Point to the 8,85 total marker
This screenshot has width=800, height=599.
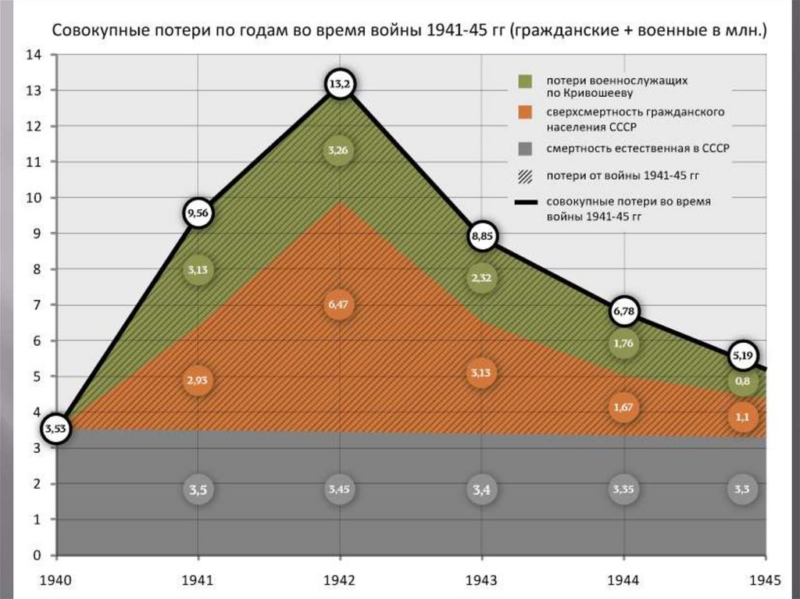483,236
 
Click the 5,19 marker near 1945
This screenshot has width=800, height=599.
742,356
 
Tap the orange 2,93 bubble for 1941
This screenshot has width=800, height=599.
198,380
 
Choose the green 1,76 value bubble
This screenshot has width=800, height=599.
624,344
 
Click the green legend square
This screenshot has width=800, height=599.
525,81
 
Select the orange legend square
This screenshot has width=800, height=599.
525,112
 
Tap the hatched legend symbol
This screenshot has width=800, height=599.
525,174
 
